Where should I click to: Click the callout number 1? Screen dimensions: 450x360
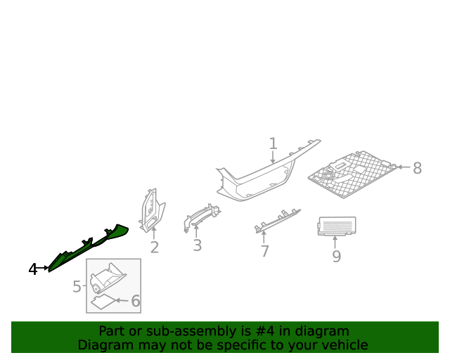coord(273,143)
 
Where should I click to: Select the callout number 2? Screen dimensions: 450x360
coord(155,247)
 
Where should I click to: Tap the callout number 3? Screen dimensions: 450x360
coord(197,245)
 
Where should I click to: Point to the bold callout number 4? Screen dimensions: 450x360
coord(33,269)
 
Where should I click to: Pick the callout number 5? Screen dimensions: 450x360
coord(77,286)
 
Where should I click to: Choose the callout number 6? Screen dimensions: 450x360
coord(136,301)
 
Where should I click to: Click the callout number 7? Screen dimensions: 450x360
coord(264,251)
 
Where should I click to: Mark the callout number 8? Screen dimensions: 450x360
coord(417,168)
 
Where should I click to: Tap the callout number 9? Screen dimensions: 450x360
coord(336,257)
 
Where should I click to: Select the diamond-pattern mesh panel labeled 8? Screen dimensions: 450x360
coord(353,174)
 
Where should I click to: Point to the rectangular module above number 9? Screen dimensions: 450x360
coord(337,226)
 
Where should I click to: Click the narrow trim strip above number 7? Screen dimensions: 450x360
coord(277,221)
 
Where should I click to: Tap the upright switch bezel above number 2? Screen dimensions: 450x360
coord(153,210)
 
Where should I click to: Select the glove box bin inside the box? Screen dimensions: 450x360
coord(108,278)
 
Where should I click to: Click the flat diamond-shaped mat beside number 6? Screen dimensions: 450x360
coord(103,302)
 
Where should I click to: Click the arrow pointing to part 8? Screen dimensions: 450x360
coord(404,167)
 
